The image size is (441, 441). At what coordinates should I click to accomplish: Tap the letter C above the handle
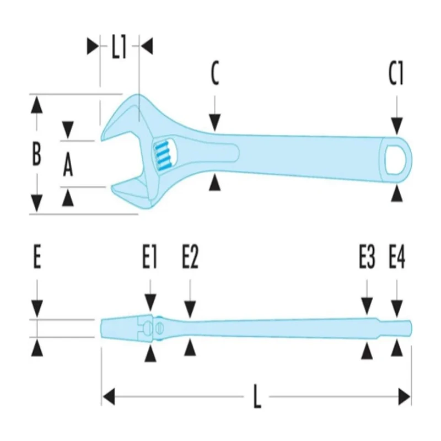(215, 74)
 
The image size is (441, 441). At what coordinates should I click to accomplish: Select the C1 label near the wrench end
(396, 74)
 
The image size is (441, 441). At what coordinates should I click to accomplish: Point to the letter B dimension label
(36, 154)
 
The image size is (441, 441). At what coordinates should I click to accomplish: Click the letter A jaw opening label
(67, 166)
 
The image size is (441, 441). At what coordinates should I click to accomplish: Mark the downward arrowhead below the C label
(214, 122)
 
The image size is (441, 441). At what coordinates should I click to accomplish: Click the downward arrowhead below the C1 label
(396, 126)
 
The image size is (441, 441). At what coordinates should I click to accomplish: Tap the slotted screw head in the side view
(160, 328)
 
